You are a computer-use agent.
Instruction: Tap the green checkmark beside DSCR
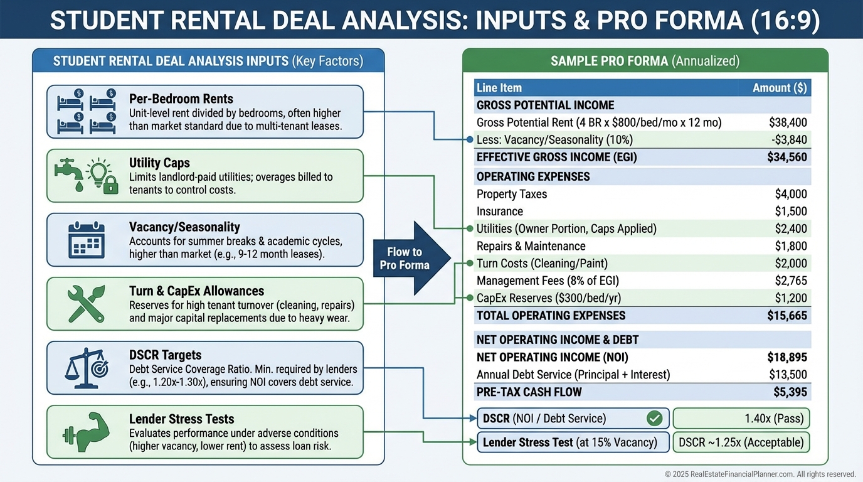point(654,418)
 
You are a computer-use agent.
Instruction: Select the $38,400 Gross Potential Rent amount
point(788,122)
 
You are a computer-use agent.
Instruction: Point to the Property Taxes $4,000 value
point(791,194)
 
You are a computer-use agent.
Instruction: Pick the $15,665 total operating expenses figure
point(787,316)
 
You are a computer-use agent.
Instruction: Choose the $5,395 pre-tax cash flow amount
point(790,392)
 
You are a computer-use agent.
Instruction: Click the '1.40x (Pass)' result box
point(741,418)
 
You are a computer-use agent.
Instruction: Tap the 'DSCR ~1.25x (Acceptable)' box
point(741,442)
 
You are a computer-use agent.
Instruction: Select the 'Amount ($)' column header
point(780,88)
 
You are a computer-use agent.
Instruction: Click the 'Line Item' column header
point(499,88)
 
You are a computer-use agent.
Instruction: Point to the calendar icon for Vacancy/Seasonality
point(86,240)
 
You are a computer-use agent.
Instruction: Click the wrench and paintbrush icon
point(86,304)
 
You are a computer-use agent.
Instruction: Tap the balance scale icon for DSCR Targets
point(86,368)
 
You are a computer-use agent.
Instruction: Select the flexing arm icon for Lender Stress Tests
point(86,432)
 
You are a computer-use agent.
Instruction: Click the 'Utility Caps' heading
point(159,163)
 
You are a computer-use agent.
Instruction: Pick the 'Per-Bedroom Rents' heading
point(181,99)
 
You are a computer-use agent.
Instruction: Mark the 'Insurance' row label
point(500,212)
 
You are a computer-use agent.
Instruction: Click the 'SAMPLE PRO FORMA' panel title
point(645,61)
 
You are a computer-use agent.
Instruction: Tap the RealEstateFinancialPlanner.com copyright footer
point(760,474)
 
